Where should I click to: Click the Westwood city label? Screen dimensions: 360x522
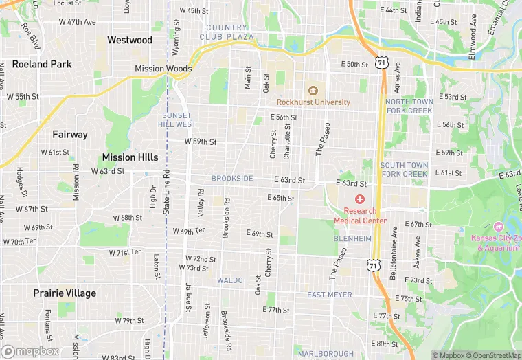pyautogui.click(x=130, y=40)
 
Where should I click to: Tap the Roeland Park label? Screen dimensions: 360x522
pyautogui.click(x=41, y=64)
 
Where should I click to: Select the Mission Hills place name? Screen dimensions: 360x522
pyautogui.click(x=130, y=157)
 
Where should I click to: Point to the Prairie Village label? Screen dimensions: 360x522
pyautogui.click(x=65, y=293)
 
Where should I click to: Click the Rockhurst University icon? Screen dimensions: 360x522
pyautogui.click(x=313, y=91)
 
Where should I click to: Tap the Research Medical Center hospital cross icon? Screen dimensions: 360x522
pyautogui.click(x=359, y=199)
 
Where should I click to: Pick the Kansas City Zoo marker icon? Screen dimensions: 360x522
pyautogui.click(x=498, y=227)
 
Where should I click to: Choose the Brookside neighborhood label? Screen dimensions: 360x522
pyautogui.click(x=232, y=178)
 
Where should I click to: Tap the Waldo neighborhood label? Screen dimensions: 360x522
pyautogui.click(x=230, y=280)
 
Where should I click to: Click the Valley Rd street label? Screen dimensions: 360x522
pyautogui.click(x=201, y=204)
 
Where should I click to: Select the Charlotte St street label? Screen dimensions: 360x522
pyautogui.click(x=287, y=140)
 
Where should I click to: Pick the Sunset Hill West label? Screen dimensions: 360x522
pyautogui.click(x=178, y=120)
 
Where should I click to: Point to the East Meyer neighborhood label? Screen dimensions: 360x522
pyautogui.click(x=330, y=295)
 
